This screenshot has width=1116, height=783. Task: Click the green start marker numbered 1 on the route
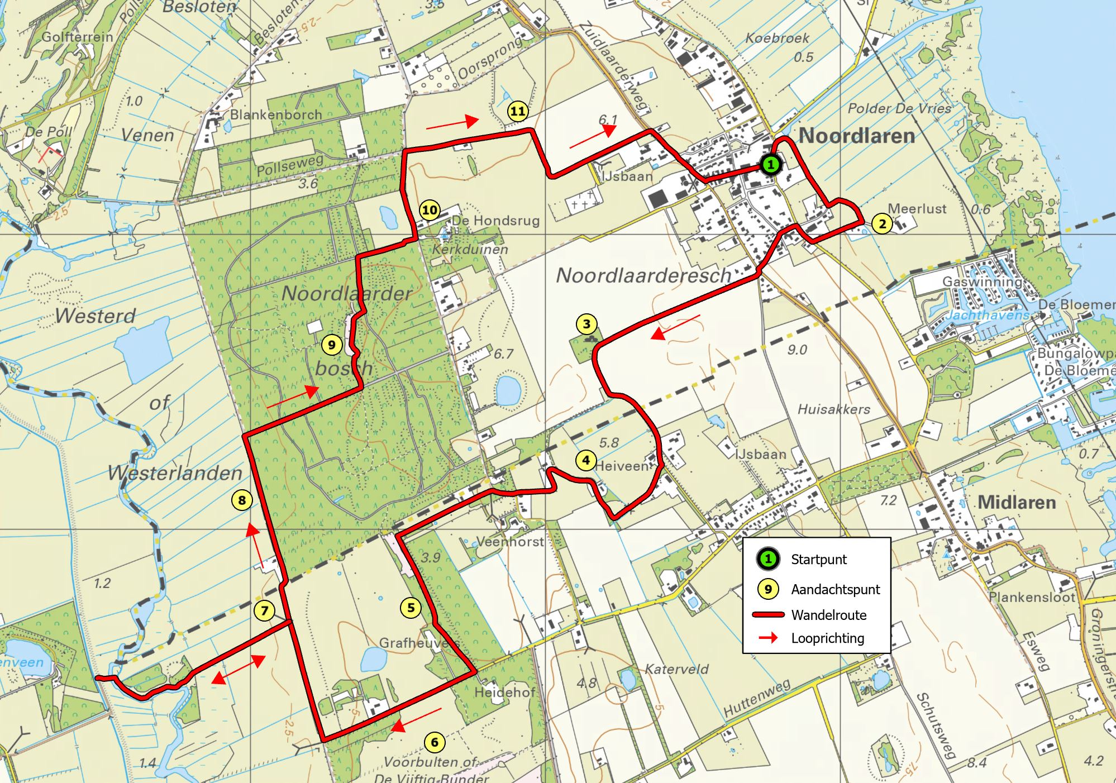[x=770, y=164]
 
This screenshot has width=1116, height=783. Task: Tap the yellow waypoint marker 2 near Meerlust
[x=881, y=224]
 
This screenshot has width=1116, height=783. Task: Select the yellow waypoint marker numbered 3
[x=586, y=324]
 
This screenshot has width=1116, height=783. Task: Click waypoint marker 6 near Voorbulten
[x=435, y=742]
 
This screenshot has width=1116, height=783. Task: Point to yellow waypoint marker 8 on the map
[x=242, y=500]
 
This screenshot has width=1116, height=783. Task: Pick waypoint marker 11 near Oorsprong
[x=518, y=111]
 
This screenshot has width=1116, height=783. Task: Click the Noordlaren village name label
[x=856, y=136]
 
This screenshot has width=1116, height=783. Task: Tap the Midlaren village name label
[x=1016, y=502]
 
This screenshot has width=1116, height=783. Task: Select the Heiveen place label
[x=621, y=465]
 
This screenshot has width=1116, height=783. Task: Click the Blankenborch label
[x=276, y=114]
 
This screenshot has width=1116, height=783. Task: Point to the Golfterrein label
[x=77, y=37]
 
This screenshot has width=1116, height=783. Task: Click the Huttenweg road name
[x=757, y=699]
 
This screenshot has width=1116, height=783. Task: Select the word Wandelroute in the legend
[x=828, y=615]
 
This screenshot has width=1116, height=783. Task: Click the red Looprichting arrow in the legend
[x=768, y=638]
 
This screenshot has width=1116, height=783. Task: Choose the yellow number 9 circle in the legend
[x=768, y=589]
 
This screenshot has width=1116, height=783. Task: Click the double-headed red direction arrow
[x=238, y=669]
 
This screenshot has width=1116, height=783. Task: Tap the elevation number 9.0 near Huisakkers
[x=797, y=350]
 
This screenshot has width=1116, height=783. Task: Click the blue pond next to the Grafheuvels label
[x=374, y=660]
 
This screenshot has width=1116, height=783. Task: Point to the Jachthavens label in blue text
[x=987, y=316]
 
